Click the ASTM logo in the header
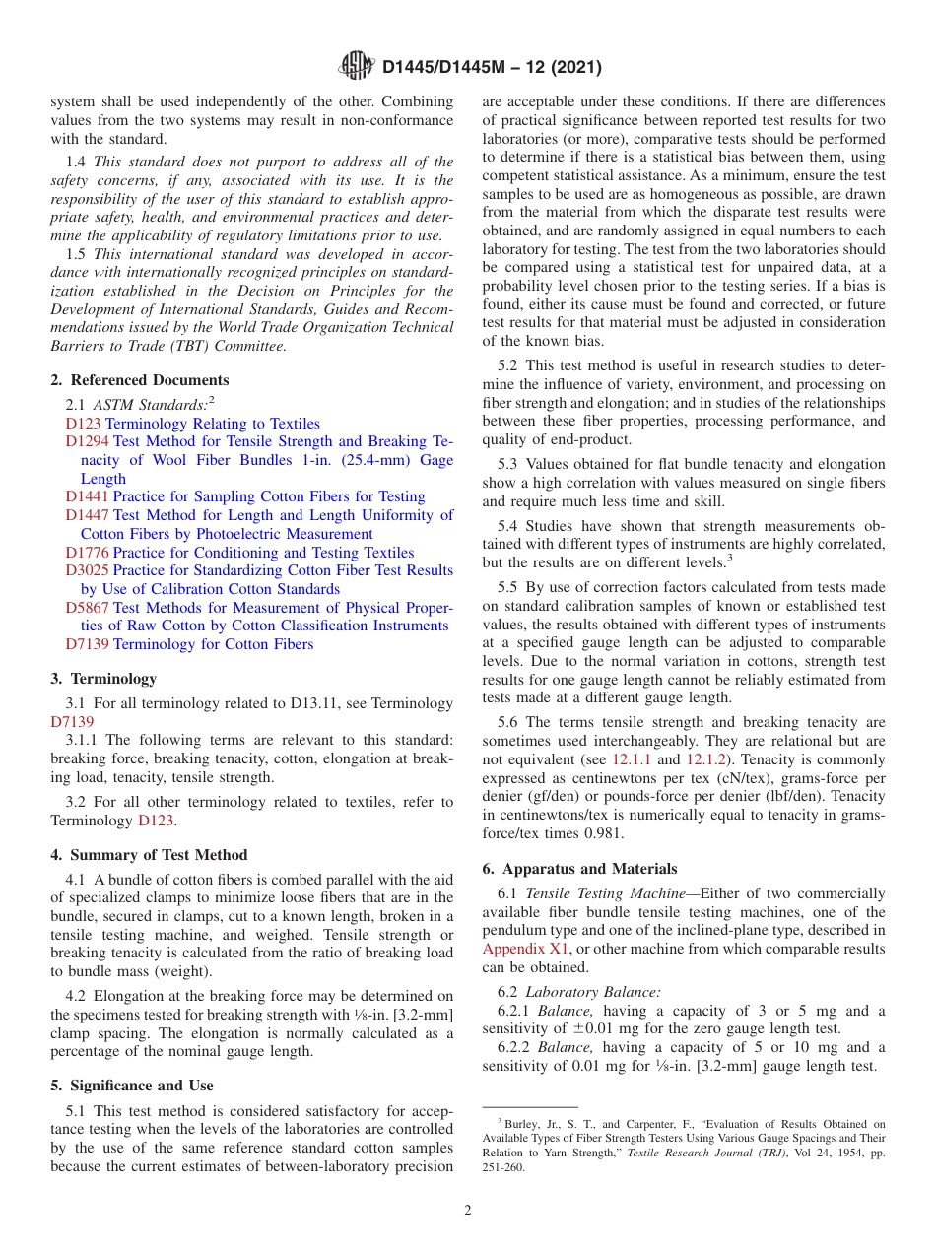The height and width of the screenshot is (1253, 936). (x=357, y=66)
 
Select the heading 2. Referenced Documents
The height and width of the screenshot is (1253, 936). (x=140, y=380)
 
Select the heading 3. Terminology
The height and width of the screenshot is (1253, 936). (x=103, y=679)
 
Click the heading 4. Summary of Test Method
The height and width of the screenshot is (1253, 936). (x=149, y=855)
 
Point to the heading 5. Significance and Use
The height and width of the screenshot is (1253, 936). (x=132, y=1086)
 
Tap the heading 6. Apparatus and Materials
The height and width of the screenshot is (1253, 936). (x=579, y=869)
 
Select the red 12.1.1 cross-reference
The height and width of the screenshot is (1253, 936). (x=633, y=759)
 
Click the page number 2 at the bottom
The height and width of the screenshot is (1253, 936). (x=468, y=1211)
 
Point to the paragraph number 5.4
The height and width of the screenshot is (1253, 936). (x=508, y=526)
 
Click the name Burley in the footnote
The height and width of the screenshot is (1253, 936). (x=520, y=1124)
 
